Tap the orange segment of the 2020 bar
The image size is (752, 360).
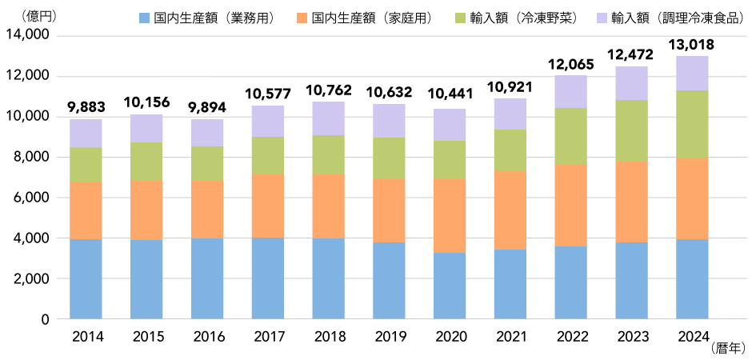click(x=450, y=215)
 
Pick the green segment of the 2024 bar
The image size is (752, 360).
click(x=692, y=124)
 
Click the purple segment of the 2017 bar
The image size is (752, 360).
click(x=268, y=121)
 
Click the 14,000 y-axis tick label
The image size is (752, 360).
click(x=27, y=35)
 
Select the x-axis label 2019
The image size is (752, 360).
click(x=389, y=335)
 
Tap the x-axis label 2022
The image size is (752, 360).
click(x=571, y=335)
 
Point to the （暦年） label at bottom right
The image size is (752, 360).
click(x=727, y=348)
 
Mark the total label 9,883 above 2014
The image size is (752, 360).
click(x=86, y=106)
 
